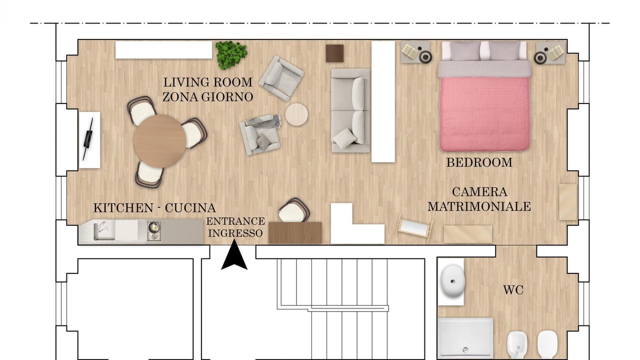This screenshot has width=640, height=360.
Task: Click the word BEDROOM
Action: point(479,162)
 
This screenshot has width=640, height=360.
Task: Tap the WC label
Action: point(513,290)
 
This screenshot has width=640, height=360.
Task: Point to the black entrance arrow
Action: point(234,254)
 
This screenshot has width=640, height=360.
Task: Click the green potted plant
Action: point(231,54)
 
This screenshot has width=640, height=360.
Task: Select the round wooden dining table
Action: point(159,141)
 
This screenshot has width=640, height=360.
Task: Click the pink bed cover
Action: point(485,113)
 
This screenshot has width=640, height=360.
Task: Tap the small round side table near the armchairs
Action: point(296,114)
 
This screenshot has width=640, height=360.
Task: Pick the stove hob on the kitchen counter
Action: point(154,231)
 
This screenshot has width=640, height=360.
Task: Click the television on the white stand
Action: point(88,139)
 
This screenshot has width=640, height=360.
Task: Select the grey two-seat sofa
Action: point(351,110)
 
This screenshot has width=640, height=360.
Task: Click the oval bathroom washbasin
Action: point(451,281)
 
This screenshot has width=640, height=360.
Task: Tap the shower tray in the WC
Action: point(465,339)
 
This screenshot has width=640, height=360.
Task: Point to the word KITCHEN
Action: point(123,208)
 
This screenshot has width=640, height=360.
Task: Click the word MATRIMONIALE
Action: point(479,206)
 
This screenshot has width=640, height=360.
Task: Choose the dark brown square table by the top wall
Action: point(335,53)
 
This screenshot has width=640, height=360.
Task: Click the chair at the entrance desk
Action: point(294,210)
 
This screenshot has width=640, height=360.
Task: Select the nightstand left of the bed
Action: point(415,52)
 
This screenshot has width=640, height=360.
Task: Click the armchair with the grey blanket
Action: point(260,135)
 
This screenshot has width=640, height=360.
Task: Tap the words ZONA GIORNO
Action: point(207,97)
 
